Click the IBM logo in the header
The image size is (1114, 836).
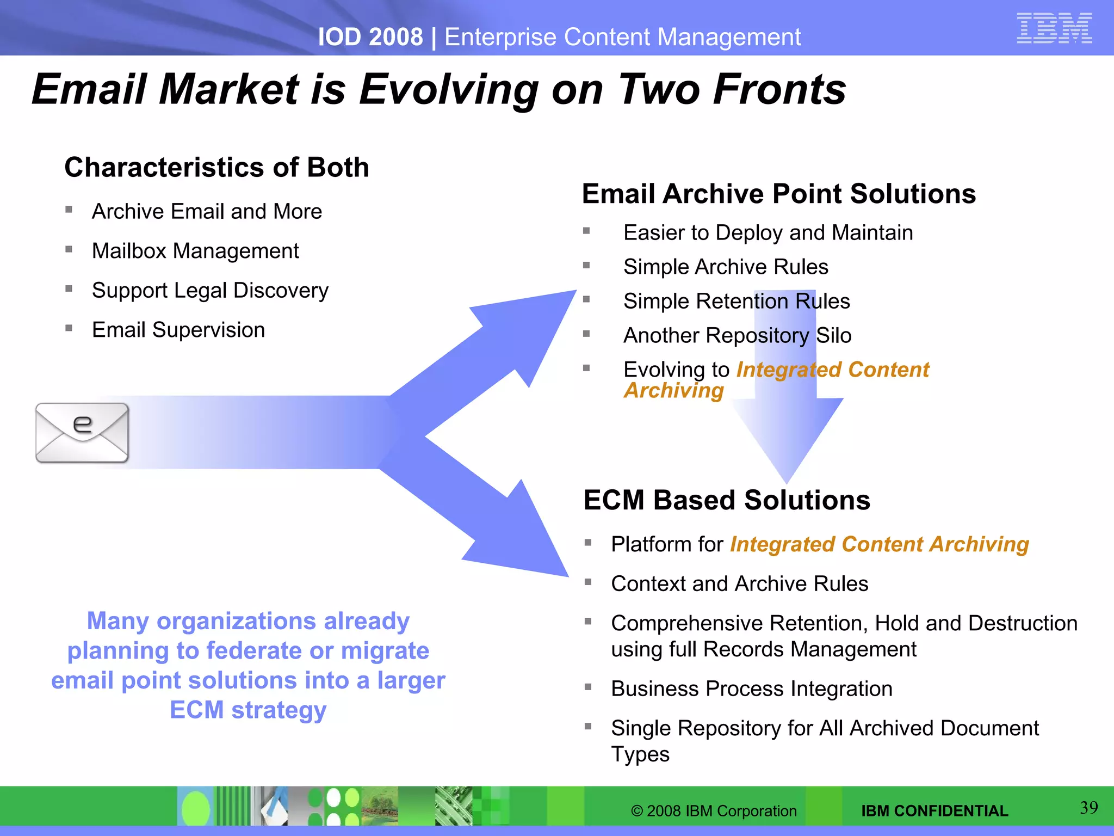(x=1054, y=28)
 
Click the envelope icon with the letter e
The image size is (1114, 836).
(x=82, y=433)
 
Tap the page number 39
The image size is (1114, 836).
(x=1088, y=808)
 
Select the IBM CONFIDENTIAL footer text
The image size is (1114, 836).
(x=934, y=811)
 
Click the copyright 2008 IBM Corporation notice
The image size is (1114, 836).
(x=713, y=811)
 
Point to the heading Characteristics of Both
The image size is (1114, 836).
(x=216, y=167)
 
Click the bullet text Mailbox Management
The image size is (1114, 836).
(x=195, y=251)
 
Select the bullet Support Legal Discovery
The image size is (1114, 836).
(x=210, y=291)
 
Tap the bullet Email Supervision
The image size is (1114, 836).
(x=178, y=330)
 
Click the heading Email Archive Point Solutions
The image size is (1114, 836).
(x=778, y=194)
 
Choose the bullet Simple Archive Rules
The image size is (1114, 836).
(x=726, y=267)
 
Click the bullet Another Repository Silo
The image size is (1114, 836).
(x=737, y=335)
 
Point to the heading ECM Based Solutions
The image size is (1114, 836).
(x=726, y=500)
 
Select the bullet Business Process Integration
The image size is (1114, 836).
(x=751, y=689)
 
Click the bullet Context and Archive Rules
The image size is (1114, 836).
(x=739, y=583)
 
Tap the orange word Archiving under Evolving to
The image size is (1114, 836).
(x=673, y=390)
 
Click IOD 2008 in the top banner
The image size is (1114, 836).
(x=370, y=37)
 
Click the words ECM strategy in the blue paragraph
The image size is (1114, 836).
(x=248, y=710)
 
